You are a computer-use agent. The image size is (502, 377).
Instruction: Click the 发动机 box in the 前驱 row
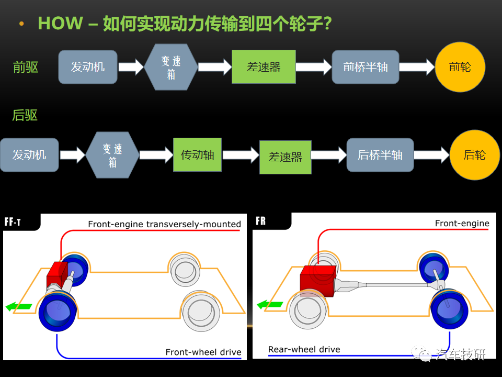click(x=88, y=66)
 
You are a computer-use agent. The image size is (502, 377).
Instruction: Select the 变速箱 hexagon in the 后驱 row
click(x=112, y=155)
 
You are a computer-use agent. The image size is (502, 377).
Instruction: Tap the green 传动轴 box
click(x=197, y=155)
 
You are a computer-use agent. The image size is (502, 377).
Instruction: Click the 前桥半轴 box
click(x=366, y=66)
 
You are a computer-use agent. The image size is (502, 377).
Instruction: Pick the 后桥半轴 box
click(x=380, y=155)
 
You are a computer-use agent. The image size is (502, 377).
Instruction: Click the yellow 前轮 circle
click(x=460, y=66)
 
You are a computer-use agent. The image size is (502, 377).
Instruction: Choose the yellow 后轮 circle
click(x=475, y=155)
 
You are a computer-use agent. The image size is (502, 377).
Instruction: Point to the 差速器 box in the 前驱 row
click(x=264, y=66)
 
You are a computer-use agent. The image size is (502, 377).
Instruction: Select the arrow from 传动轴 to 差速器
click(x=241, y=155)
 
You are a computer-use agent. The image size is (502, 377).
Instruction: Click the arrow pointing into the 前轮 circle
click(x=417, y=66)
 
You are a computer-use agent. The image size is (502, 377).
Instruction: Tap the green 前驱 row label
click(x=26, y=68)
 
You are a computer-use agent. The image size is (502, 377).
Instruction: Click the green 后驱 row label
click(x=25, y=115)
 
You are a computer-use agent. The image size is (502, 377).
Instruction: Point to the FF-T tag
click(x=13, y=222)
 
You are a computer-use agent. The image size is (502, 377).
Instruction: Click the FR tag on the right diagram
click(x=260, y=221)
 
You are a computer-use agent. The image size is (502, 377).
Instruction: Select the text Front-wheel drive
click(x=203, y=352)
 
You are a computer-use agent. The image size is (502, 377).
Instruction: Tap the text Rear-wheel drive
click(x=304, y=349)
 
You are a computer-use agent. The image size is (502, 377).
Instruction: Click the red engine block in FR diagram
click(x=318, y=281)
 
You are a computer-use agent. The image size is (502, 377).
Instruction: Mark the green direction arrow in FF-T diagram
click(x=19, y=306)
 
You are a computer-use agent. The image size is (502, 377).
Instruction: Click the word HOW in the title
click(x=61, y=23)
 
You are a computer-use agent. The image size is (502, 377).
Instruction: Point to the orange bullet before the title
click(x=21, y=24)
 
